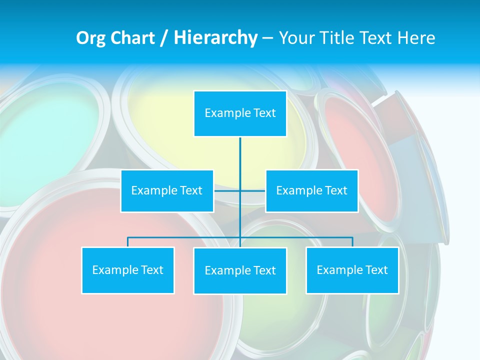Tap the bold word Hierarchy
[215, 38]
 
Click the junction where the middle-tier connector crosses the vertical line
[240, 190]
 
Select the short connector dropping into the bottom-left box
[127, 242]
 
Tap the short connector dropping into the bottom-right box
[352, 242]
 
